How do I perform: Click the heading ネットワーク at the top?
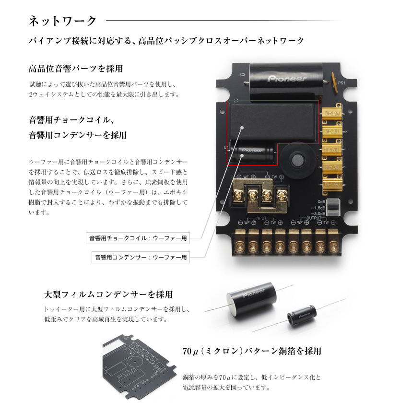63,21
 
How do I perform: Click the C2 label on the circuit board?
243,74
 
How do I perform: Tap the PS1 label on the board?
341,82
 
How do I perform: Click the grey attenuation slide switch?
335,207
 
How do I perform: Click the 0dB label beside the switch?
321,201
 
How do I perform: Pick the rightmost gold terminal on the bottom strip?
333,239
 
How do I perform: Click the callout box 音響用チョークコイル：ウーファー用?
138,238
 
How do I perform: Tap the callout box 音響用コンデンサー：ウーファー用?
140,258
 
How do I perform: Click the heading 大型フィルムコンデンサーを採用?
108,294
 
